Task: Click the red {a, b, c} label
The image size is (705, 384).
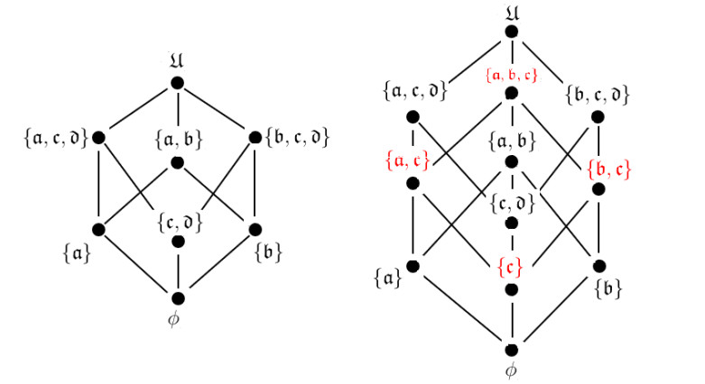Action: [511, 75]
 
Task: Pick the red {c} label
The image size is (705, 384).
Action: [512, 270]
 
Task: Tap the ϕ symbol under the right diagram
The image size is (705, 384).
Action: [512, 370]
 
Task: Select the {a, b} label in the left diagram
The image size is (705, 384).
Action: [177, 140]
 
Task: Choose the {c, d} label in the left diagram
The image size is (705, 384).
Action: [177, 219]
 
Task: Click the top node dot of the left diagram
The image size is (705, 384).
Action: [177, 83]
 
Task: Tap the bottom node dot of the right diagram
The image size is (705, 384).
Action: [512, 350]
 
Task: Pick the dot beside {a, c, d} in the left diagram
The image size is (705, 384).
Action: [98, 137]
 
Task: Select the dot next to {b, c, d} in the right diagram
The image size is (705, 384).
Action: [598, 117]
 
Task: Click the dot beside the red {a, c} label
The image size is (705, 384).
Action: [413, 183]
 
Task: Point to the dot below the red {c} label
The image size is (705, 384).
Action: [512, 289]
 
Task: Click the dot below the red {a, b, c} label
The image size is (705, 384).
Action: [512, 93]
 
